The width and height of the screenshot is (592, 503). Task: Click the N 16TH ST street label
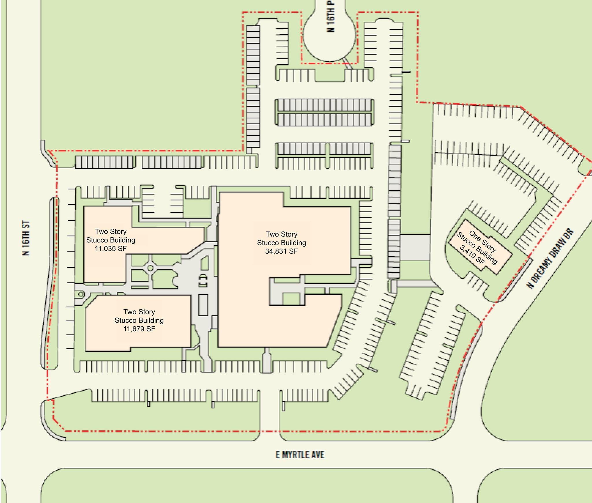click(x=26, y=238)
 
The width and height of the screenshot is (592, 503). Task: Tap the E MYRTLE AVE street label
click(x=300, y=455)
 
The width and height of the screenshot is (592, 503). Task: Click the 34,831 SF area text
click(x=281, y=251)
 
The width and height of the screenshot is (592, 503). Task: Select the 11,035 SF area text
click(x=111, y=248)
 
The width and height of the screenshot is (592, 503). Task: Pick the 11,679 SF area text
click(x=139, y=329)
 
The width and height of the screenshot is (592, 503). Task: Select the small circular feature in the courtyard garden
click(x=150, y=268)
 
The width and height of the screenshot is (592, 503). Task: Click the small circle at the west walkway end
click(x=81, y=295)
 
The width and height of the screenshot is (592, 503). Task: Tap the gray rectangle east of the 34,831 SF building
click(x=415, y=247)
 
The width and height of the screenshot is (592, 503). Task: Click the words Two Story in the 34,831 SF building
click(x=281, y=234)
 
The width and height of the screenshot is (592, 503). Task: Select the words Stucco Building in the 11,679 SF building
click(x=139, y=320)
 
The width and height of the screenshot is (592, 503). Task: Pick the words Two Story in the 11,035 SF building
click(x=111, y=232)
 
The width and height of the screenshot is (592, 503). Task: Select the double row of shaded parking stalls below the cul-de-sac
click(x=324, y=112)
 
